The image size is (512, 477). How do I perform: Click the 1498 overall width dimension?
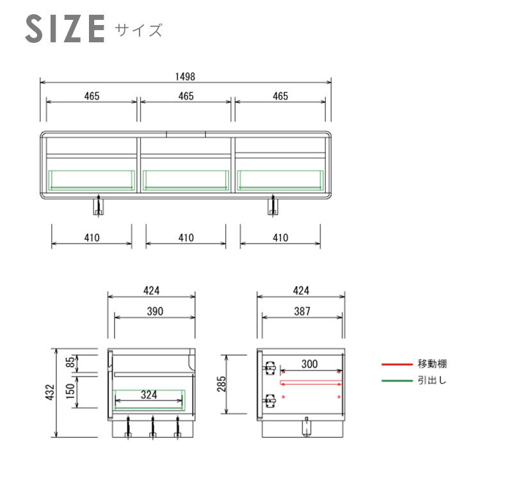[x=185, y=76]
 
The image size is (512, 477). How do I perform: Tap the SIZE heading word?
[x=65, y=29]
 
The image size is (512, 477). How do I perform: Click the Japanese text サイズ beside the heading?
[x=138, y=30]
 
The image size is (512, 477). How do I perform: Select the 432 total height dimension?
[x=50, y=392]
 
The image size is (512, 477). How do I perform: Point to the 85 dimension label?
[x=70, y=362]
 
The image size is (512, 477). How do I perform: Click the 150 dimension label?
[x=70, y=391]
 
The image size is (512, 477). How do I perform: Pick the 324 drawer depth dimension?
[x=149, y=394]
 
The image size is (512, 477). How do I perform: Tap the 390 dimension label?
[x=155, y=311]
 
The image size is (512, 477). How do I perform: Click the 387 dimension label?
[x=302, y=311]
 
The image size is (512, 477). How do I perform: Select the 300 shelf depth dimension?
[x=309, y=364]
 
